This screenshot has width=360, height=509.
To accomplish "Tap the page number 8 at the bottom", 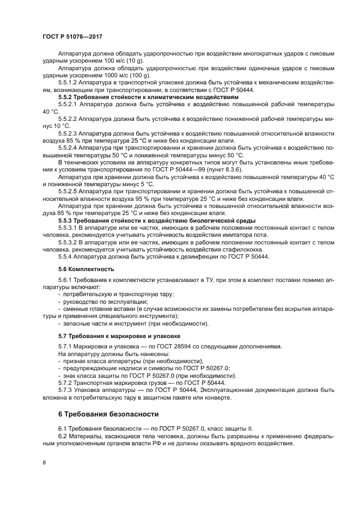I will click(44, 462).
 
